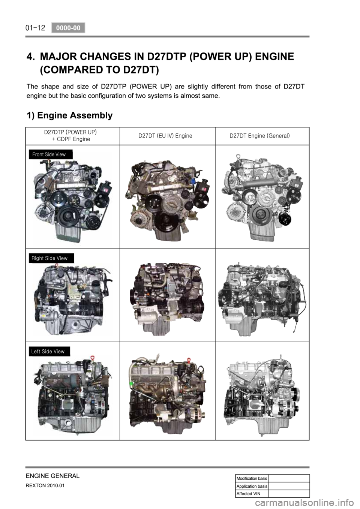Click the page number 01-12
(36, 28)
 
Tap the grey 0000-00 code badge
(68, 28)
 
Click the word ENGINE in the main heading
(274, 56)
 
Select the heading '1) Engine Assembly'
(69, 115)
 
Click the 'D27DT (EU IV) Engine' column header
(165, 136)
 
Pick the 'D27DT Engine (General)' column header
(259, 136)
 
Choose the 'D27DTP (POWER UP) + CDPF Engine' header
(70, 136)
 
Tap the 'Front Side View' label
(51, 154)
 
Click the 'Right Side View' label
(51, 258)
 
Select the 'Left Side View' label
(49, 351)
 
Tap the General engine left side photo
(262, 395)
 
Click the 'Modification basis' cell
(252, 478)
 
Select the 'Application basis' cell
(252, 486)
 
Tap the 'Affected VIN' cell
(252, 494)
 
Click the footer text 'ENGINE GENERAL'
(53, 476)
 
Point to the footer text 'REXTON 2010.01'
(45, 486)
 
